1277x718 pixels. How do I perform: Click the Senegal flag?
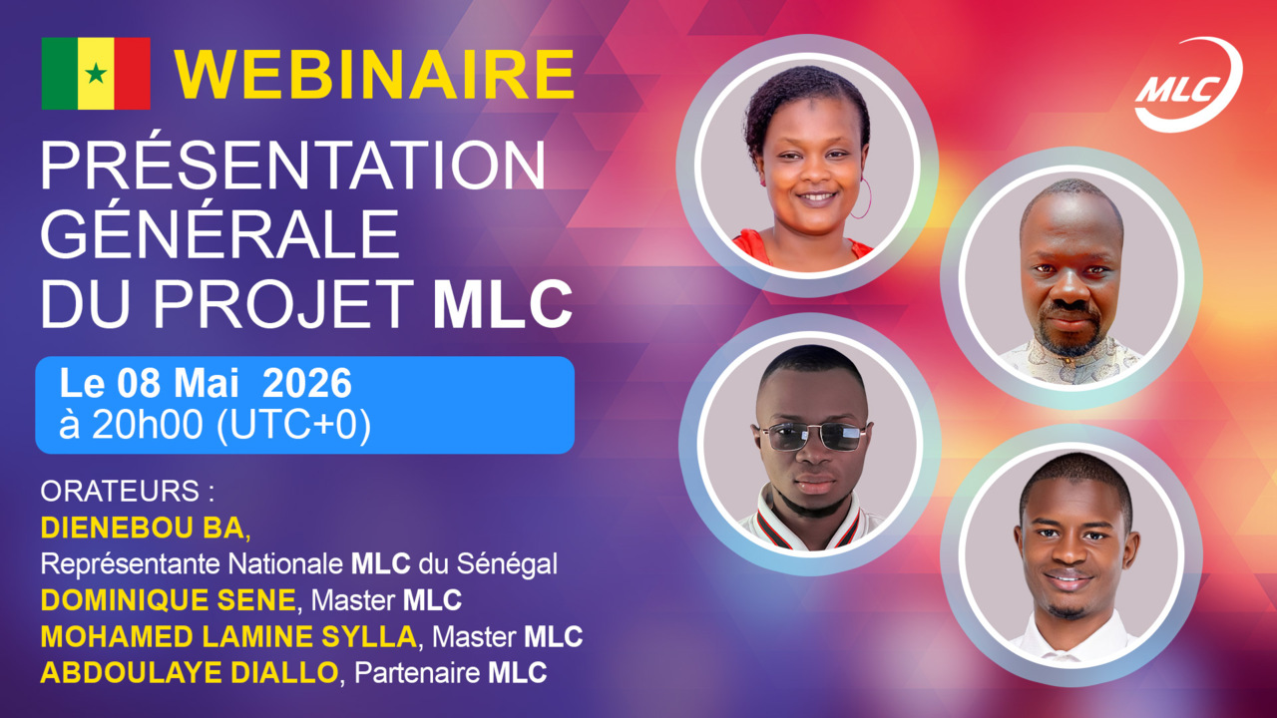pyautogui.click(x=96, y=73)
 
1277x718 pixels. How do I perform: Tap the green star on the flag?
pyautogui.click(x=96, y=73)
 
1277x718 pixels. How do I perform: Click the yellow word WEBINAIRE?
pyautogui.click(x=375, y=73)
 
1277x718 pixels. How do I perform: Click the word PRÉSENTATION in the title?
pyautogui.click(x=293, y=167)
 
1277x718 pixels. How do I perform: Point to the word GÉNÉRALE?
pyautogui.click(x=219, y=235)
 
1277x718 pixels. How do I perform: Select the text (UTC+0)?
pyautogui.click(x=293, y=425)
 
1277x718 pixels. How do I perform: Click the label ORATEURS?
pyautogui.click(x=128, y=492)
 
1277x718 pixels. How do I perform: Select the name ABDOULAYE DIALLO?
pyautogui.click(x=190, y=672)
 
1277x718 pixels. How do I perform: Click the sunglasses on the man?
pyautogui.click(x=812, y=436)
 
